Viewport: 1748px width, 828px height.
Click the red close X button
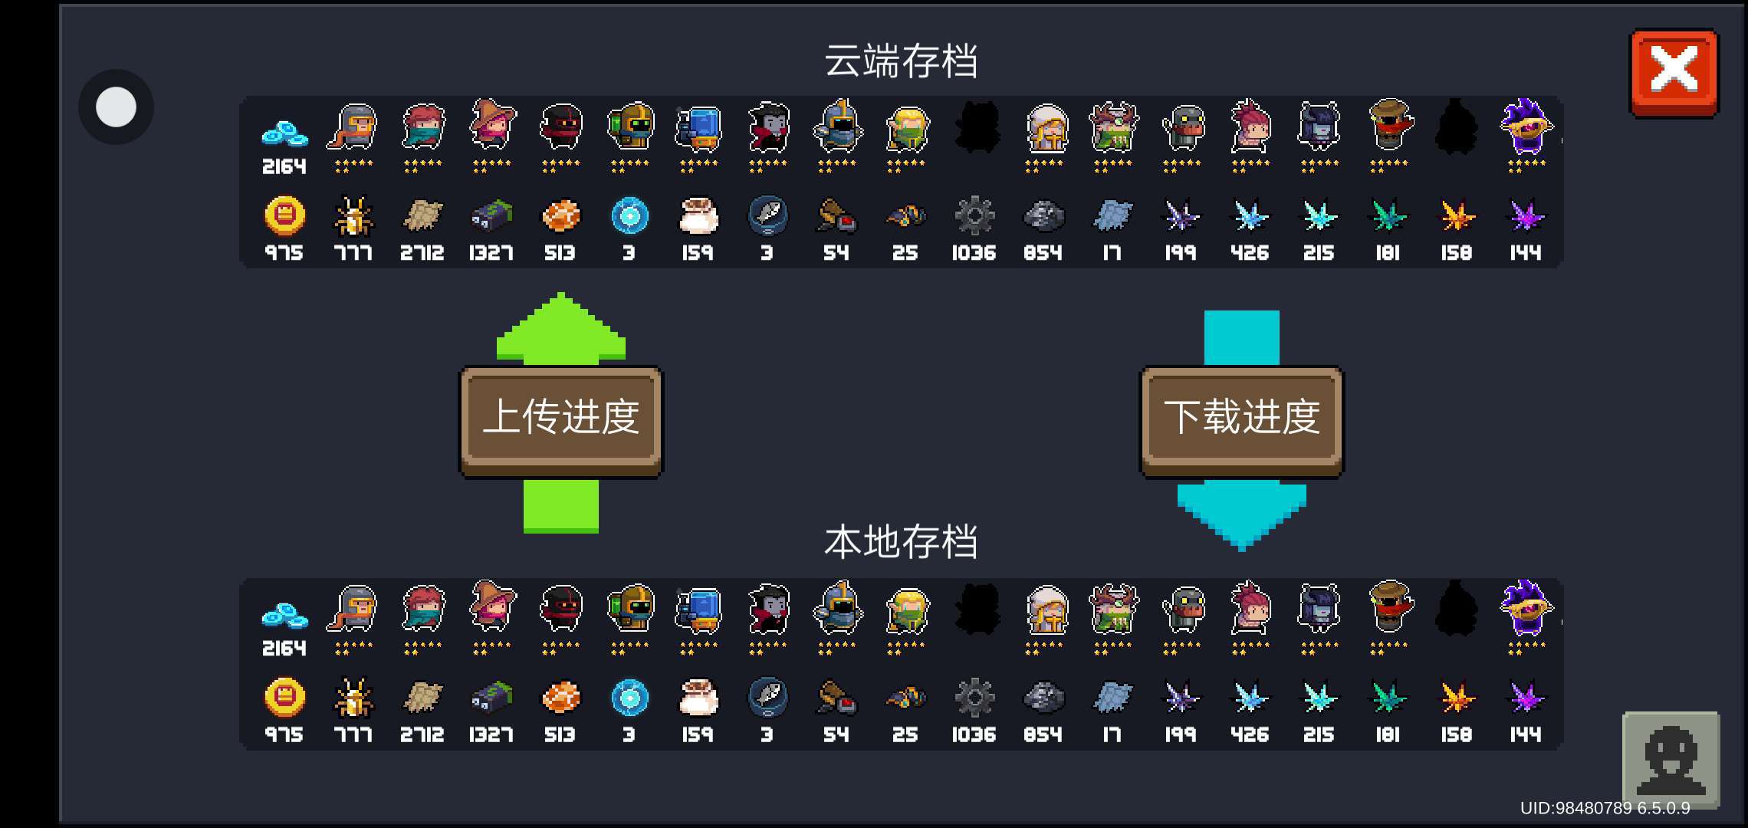point(1674,73)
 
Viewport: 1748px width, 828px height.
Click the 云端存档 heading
point(901,61)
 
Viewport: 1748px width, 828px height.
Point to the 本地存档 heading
point(901,542)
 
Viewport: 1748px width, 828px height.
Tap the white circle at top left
point(116,107)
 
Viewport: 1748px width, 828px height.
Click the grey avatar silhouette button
point(1671,760)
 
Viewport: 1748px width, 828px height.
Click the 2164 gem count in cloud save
point(284,166)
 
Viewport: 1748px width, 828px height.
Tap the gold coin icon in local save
point(284,697)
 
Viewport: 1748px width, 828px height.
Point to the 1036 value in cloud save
point(974,253)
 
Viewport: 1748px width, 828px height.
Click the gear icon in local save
point(974,697)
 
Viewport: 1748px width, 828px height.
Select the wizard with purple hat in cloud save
point(1526,127)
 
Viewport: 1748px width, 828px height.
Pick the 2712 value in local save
point(422,734)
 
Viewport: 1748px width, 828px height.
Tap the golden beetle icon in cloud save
point(353,215)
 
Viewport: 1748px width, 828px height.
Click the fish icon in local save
point(767,697)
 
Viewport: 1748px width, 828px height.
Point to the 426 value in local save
point(1250,734)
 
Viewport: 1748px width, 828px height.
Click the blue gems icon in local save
point(284,615)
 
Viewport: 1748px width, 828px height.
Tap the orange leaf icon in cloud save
point(1457,215)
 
